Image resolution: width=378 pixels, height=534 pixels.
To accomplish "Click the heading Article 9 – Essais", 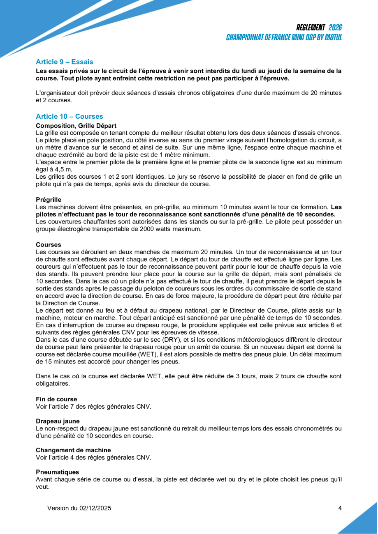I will point(64,62).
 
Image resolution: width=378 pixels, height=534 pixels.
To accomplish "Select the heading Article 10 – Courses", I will point(69,117).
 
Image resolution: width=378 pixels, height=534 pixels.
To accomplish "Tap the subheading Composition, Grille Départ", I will point(76,126).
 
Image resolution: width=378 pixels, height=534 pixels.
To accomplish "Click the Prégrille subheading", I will point(49,200).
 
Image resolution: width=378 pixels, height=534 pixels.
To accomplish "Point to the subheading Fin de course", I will point(56,399).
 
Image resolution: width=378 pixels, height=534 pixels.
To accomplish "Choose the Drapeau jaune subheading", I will point(58,421).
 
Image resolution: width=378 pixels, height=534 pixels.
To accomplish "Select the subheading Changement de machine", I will point(73,450).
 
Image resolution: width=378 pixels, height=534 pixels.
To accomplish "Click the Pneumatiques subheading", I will point(57,472).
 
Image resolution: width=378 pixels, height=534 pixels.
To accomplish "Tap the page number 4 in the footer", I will point(340,508).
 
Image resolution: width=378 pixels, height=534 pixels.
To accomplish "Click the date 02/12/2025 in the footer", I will point(95,508).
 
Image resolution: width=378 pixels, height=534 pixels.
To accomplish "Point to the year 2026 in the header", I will point(335,28).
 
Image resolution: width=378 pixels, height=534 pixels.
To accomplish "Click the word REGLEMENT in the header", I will point(311,28).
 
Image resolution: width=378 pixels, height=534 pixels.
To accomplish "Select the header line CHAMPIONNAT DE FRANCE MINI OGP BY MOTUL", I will point(284,37).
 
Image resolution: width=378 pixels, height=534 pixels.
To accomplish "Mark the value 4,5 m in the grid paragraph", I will point(64,170).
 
